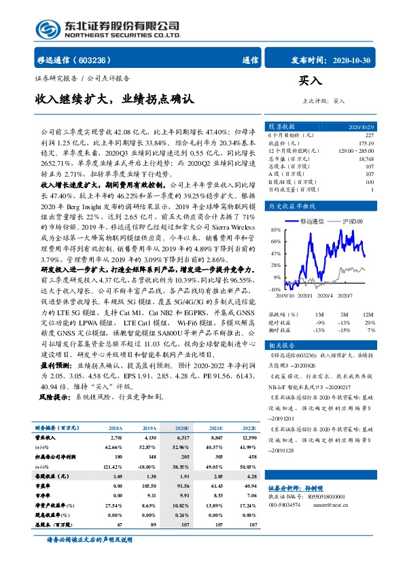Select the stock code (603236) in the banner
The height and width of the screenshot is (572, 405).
pos(104,60)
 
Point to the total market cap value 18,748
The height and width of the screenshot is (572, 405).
pos(365,158)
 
